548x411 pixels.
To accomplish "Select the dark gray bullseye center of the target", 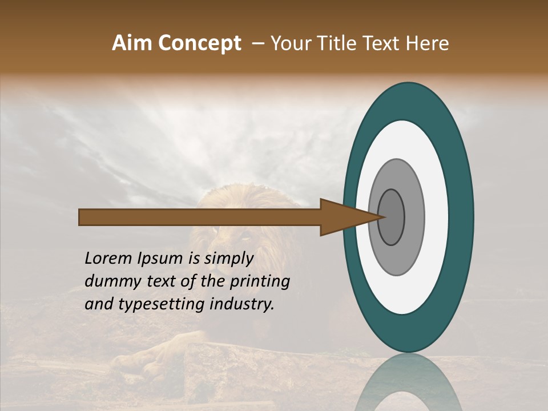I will [392, 217].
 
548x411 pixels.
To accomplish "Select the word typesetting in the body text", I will [161, 304].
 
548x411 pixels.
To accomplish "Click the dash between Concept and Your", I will [257, 43].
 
